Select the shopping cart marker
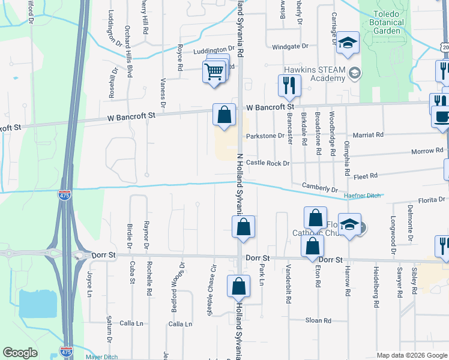[x=214, y=73]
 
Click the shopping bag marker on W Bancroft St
[x=224, y=114]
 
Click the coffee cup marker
[x=442, y=116]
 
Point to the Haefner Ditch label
[x=362, y=196]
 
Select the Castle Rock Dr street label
[x=268, y=163]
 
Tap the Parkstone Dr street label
[x=265, y=136]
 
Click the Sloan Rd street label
[x=318, y=320]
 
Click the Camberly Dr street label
[x=320, y=188]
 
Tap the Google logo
[x=20, y=353]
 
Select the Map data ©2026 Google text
[x=411, y=355]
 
